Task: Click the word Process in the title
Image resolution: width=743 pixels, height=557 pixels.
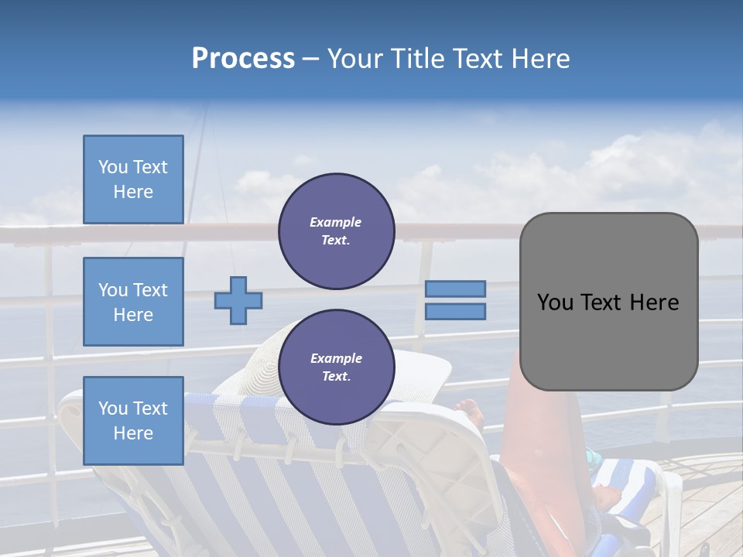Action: [x=243, y=59]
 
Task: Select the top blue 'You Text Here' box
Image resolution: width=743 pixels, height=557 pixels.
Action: [x=133, y=179]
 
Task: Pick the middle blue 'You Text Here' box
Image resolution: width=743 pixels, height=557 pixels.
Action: [x=133, y=302]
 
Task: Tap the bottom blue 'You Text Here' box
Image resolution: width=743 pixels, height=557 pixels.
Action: [x=133, y=420]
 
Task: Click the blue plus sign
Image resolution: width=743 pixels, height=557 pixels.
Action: [x=238, y=300]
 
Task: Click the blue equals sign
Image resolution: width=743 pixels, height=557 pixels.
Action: [x=456, y=300]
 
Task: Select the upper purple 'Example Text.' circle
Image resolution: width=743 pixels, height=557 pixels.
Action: [x=336, y=231]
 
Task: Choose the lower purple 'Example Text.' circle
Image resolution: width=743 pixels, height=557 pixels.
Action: [x=336, y=367]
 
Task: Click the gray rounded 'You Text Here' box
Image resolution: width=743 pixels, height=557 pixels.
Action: [x=608, y=302]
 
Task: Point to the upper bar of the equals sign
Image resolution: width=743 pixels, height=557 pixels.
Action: [x=456, y=289]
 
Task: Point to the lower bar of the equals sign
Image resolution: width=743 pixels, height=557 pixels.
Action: [x=456, y=312]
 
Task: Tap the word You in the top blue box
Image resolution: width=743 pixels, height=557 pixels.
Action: [x=113, y=167]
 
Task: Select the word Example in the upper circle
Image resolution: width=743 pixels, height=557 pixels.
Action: [x=336, y=222]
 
